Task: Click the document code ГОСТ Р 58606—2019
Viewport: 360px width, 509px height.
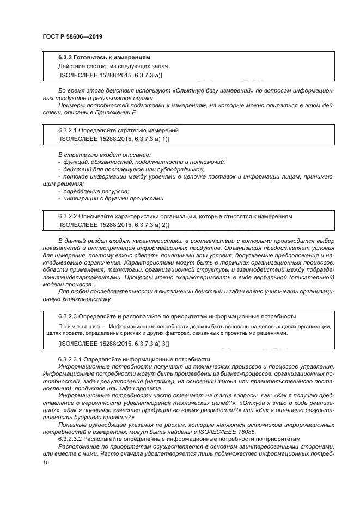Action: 72,36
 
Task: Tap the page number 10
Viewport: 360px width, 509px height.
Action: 46,462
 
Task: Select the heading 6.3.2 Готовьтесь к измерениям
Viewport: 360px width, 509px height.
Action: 104,57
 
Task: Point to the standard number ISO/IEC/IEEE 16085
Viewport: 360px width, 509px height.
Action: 241,432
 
